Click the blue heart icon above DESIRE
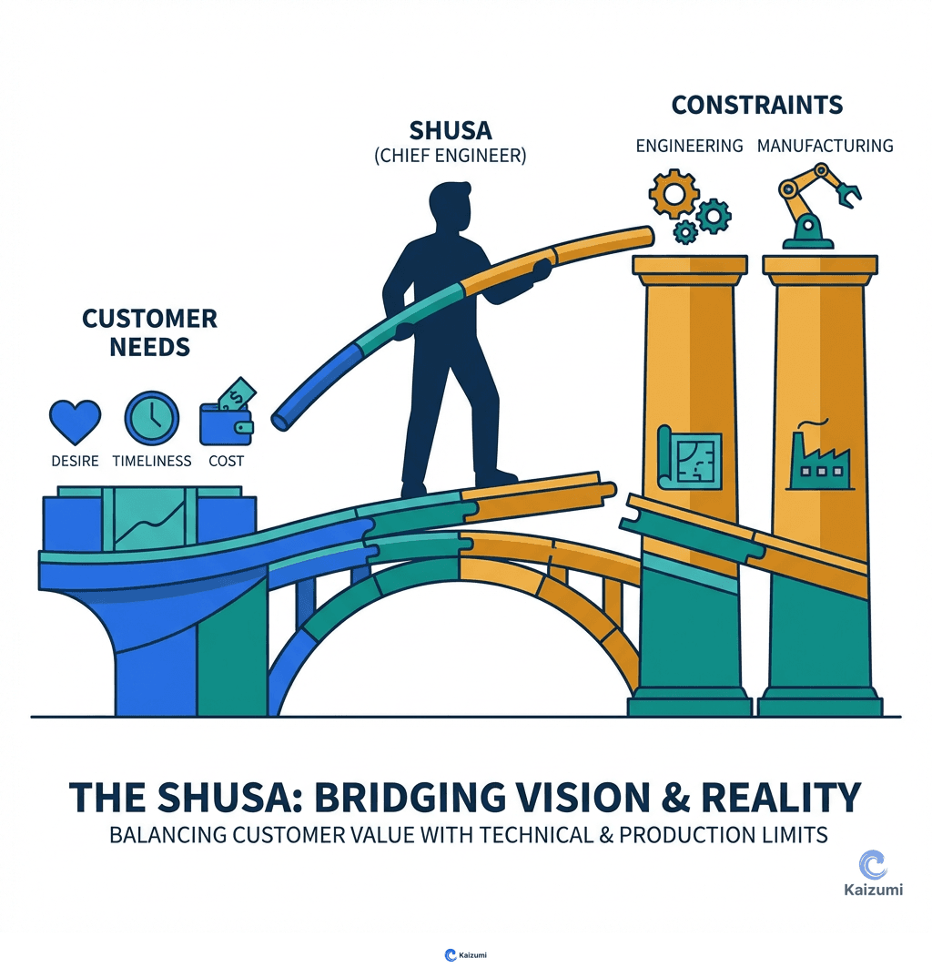pos(75,421)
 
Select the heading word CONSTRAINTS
pos(756,105)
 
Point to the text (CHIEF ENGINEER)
pos(450,155)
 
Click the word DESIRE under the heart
pos(75,461)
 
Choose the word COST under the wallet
pos(226,461)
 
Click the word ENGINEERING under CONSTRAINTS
pos(689,146)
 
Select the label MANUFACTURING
pos(825,146)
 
